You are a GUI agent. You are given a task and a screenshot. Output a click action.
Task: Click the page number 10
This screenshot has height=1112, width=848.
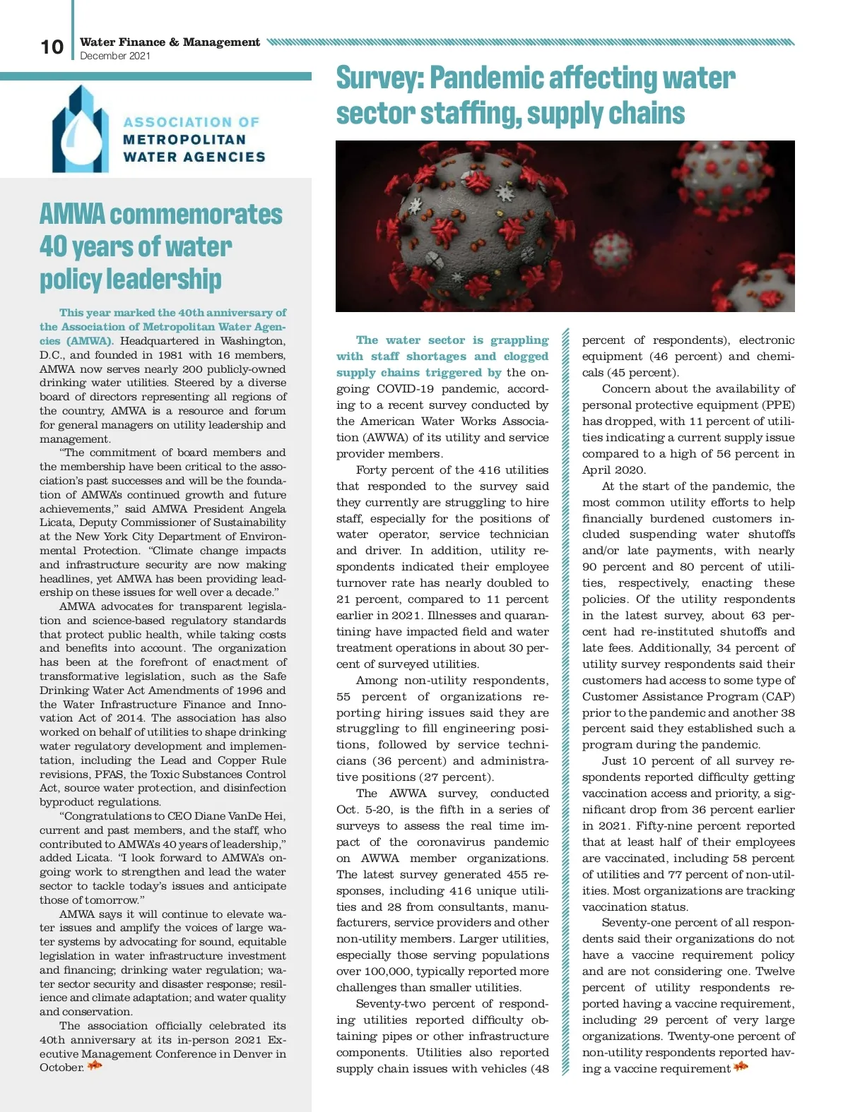pos(52,47)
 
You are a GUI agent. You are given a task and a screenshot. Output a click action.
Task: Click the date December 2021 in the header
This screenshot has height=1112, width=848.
pos(115,56)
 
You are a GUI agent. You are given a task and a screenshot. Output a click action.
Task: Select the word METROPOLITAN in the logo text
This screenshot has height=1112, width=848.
pos(184,139)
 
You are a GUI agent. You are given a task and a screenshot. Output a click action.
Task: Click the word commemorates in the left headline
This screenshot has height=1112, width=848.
pos(196,214)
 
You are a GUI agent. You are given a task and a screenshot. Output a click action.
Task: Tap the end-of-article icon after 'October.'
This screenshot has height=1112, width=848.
pos(95,1066)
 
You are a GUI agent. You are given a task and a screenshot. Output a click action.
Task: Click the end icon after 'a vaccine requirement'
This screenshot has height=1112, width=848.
pos(741,1067)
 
